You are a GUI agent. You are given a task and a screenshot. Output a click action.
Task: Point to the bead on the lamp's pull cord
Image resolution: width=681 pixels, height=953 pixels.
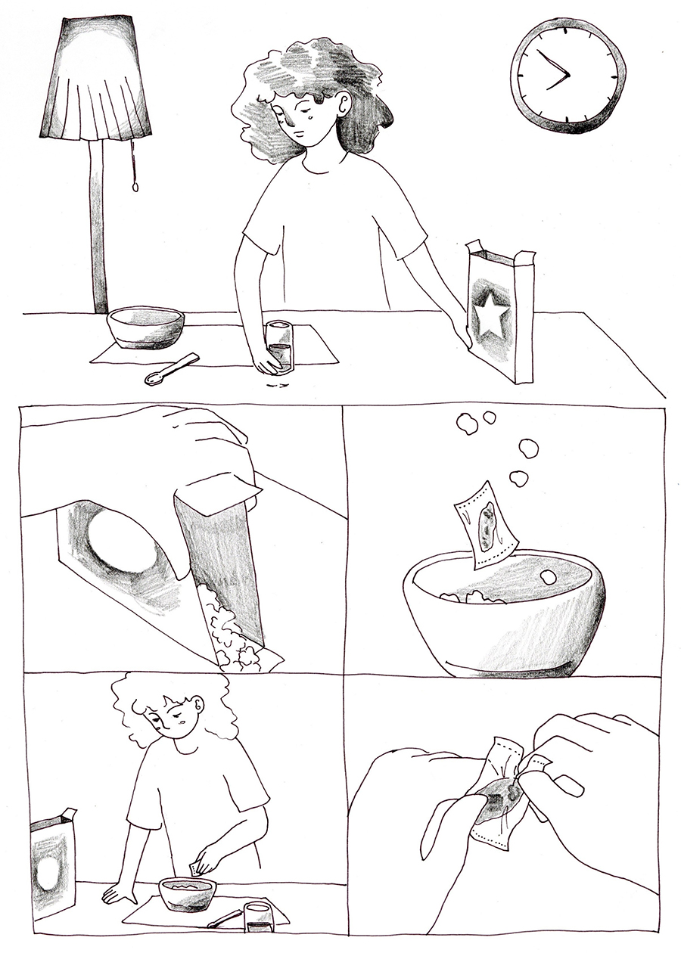(135, 186)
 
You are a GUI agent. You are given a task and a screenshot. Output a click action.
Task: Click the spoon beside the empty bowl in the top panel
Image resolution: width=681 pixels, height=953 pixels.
(170, 369)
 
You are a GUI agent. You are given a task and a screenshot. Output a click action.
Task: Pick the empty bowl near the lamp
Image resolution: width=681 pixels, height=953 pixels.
(145, 327)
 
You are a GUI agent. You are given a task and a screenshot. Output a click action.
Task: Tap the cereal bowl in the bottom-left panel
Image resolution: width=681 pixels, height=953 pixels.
(187, 892)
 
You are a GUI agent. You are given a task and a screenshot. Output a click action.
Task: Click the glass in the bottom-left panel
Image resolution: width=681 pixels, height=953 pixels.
(259, 917)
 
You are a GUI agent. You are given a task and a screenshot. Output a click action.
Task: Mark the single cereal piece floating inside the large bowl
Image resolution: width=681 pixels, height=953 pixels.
(549, 577)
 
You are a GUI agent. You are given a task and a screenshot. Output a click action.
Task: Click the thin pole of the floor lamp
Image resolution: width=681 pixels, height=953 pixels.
(97, 227)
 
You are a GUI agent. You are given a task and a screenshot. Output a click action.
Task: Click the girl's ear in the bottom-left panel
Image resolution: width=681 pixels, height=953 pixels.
(199, 707)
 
